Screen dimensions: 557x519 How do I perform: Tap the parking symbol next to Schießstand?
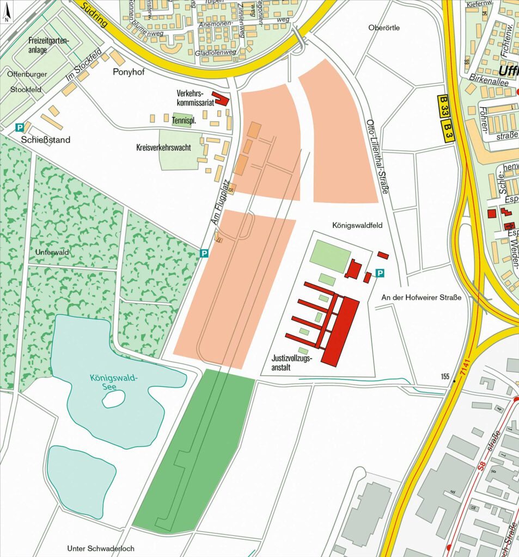pos(19,127)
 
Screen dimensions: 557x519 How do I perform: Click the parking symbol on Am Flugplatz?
pos(204,253)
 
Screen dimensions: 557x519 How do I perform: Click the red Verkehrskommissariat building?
pos(221,98)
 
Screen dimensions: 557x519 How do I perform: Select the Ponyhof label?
pos(128,72)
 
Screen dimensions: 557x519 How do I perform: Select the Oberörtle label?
pos(384,28)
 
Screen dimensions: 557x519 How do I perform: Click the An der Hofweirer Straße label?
pos(421,298)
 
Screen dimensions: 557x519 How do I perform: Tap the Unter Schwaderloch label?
pos(101,548)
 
